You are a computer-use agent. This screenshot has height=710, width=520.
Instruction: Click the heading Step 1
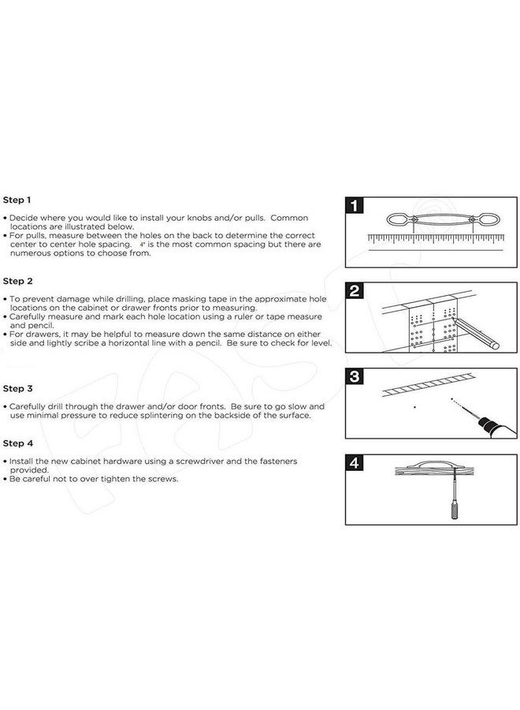[x=18, y=200]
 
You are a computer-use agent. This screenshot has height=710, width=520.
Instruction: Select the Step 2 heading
[x=18, y=281]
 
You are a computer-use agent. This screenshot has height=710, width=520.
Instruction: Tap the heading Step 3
[x=18, y=388]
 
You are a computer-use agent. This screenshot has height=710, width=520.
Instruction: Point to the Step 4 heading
[x=18, y=443]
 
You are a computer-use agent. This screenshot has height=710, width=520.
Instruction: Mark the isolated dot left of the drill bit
[x=414, y=408]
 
